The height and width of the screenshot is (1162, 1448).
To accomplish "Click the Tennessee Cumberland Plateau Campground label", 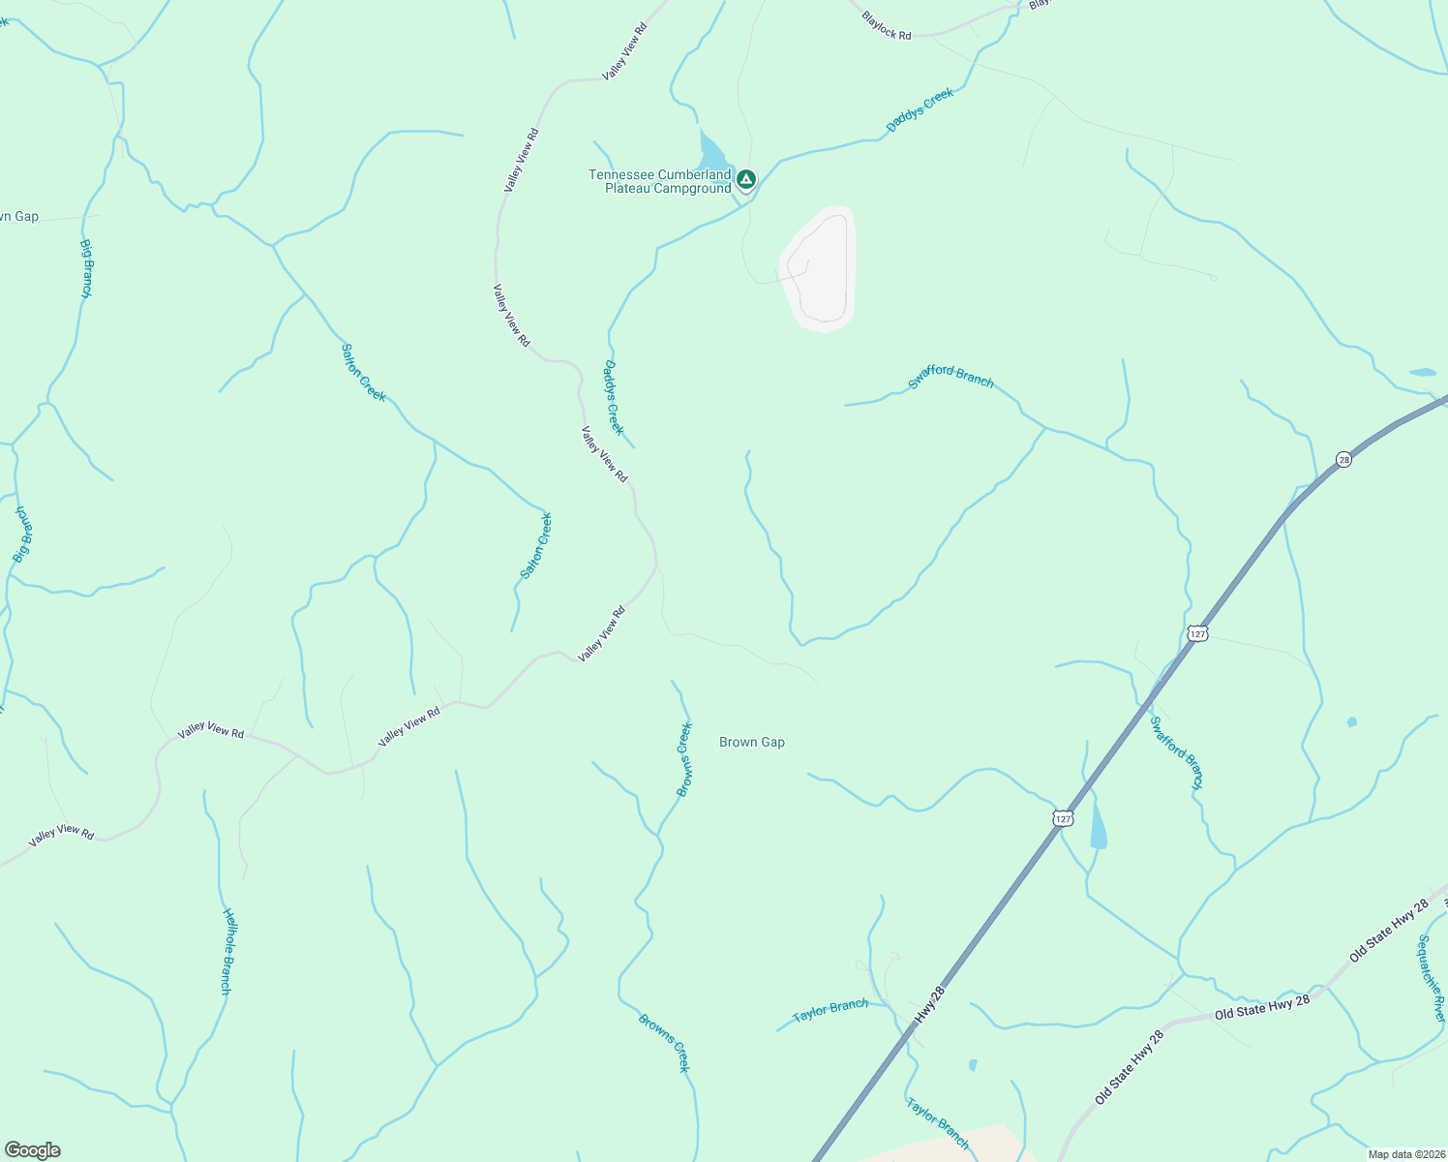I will [x=660, y=181].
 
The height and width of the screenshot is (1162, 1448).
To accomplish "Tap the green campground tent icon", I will [x=746, y=179].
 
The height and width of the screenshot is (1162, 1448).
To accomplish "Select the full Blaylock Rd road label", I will [x=886, y=27].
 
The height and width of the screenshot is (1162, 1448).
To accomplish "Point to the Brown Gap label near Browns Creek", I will [x=752, y=742].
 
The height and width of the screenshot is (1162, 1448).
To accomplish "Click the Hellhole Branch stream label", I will [x=226, y=951].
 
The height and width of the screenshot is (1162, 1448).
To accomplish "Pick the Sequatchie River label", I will [x=1432, y=978].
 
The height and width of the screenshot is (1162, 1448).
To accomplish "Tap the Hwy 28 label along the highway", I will [x=928, y=1007].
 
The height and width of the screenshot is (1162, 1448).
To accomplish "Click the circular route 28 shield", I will [x=1343, y=459].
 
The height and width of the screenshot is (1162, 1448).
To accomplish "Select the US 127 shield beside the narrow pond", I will [x=1063, y=819].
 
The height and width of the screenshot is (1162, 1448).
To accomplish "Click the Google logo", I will [x=32, y=1150].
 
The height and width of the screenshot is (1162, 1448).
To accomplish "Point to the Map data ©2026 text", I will [x=1405, y=1154].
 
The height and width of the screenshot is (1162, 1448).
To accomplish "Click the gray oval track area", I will [x=819, y=268].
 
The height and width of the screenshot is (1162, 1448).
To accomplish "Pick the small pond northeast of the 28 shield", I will [x=1423, y=372].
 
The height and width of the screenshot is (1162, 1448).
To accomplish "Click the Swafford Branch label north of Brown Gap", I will [x=950, y=377].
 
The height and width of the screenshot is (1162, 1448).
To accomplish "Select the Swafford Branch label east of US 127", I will [x=1177, y=752].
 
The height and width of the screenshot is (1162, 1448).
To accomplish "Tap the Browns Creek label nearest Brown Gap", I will [x=684, y=759].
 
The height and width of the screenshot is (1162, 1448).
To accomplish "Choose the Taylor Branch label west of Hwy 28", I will [x=830, y=1010].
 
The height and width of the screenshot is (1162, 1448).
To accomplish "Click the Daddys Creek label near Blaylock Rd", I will [x=920, y=109].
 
